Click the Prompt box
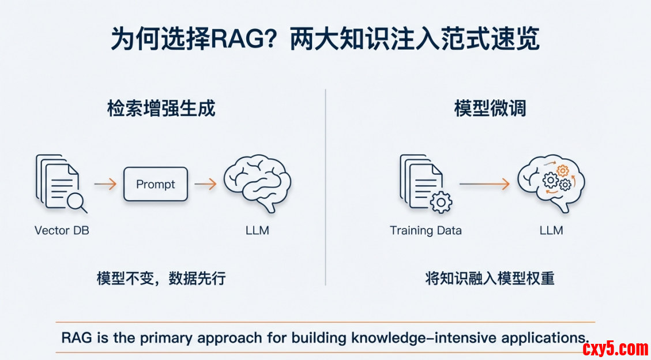click(156, 184)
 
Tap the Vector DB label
click(62, 230)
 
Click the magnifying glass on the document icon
click(76, 202)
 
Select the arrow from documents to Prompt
click(106, 184)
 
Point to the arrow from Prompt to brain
click(205, 184)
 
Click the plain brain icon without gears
click(257, 183)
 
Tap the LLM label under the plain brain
click(257, 230)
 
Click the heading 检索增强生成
click(161, 110)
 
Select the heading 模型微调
click(490, 110)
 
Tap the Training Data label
click(426, 230)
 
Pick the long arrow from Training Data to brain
click(484, 184)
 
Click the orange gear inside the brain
click(562, 170)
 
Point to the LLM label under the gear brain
click(551, 230)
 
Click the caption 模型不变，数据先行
click(161, 279)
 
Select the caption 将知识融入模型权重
click(490, 279)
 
